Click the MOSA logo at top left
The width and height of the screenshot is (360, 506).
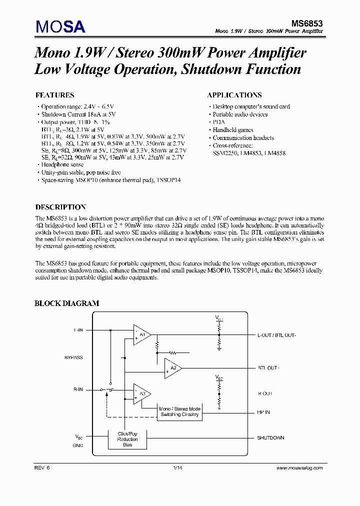60,26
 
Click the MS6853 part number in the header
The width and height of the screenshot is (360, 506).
307,23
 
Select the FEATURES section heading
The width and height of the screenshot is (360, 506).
55,95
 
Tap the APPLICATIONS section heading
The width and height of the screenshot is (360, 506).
234,95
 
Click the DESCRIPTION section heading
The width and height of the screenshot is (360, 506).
60,207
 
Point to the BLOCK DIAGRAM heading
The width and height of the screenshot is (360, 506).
66,303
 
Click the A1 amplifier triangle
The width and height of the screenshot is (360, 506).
141,334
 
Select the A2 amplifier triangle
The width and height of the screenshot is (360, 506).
172,368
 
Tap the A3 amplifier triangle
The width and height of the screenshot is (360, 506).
141,393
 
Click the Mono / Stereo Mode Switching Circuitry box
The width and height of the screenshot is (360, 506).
179,411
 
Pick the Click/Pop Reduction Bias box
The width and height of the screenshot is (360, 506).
127,439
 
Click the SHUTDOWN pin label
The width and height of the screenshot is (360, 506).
270,438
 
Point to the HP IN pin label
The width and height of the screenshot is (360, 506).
263,412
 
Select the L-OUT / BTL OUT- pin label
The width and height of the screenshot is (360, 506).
277,335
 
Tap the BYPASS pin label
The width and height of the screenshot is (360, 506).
74,357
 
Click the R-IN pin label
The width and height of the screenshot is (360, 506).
78,389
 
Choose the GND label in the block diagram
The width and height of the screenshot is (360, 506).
78,445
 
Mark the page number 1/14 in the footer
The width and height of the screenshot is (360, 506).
177,468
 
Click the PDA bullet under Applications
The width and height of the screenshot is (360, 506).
218,122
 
